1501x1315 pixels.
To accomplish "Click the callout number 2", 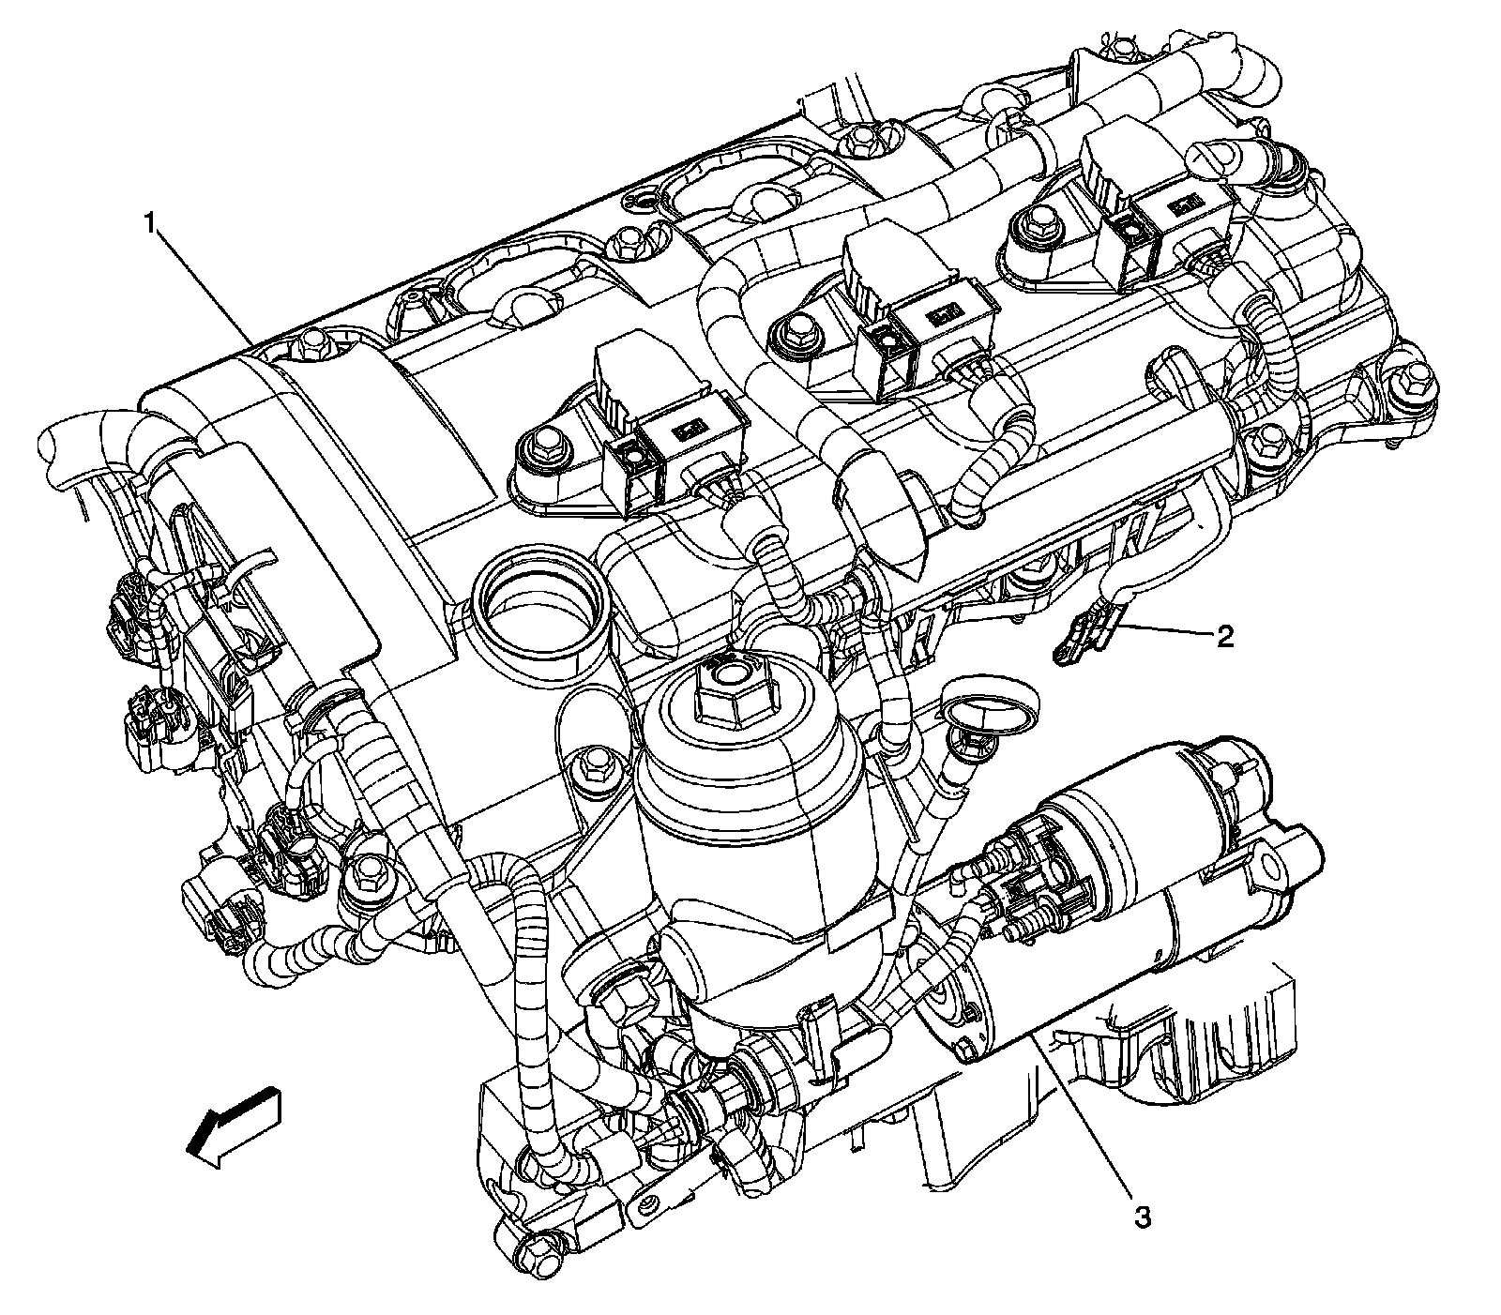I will point(1224,637).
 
